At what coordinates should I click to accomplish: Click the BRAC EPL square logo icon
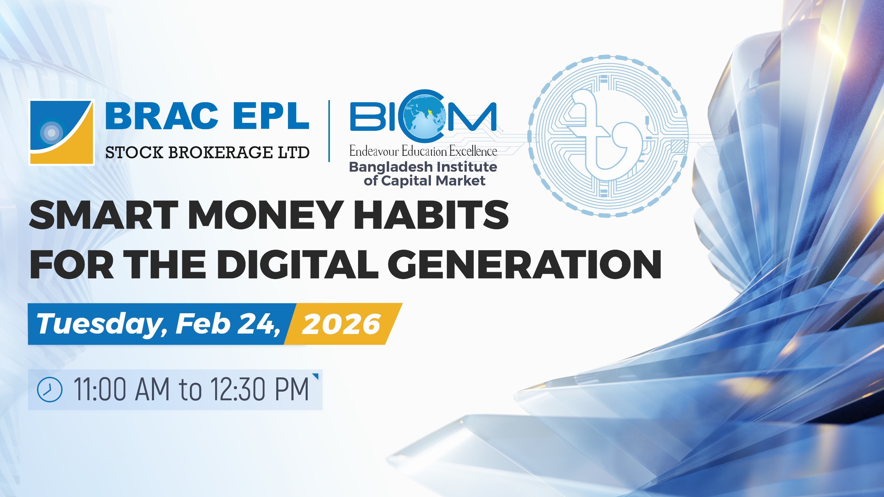[x=61, y=132]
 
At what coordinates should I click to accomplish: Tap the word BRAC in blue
[x=162, y=116]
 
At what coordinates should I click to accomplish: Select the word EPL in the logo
[x=271, y=116]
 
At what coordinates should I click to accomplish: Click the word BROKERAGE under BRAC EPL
[x=220, y=152]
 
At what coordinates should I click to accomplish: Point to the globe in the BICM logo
[x=423, y=117]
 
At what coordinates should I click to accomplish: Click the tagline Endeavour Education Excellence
[x=423, y=151]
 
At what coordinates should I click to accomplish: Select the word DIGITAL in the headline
[x=297, y=264]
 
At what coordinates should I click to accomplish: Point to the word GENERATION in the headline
[x=525, y=264]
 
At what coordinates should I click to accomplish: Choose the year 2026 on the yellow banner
[x=341, y=324]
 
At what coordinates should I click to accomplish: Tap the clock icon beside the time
[x=50, y=390]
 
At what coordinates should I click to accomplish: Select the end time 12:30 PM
[x=260, y=390]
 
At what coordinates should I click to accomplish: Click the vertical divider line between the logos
[x=329, y=131]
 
